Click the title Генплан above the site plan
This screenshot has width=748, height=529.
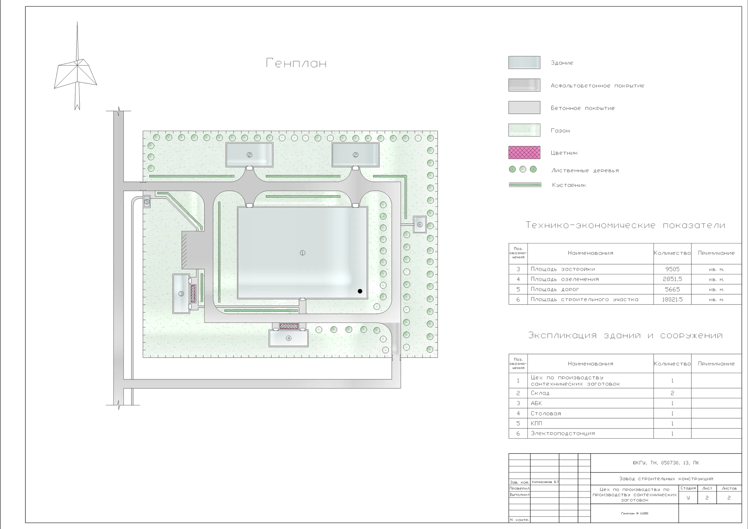click(296, 63)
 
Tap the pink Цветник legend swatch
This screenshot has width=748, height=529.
click(524, 152)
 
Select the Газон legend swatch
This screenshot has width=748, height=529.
click(524, 130)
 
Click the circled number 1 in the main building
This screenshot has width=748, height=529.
click(302, 253)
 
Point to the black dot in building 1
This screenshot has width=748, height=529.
click(360, 291)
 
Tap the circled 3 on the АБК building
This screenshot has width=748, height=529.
click(181, 294)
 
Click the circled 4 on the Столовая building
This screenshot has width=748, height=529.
click(288, 338)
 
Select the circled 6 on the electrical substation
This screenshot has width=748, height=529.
click(420, 225)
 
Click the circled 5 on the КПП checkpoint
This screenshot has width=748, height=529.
click(147, 202)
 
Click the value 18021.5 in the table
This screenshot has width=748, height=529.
click(672, 299)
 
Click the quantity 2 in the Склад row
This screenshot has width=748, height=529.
click(672, 393)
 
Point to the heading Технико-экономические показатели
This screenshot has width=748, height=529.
click(625, 225)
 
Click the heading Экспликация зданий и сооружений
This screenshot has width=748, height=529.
click(625, 336)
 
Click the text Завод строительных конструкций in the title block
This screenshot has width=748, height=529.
click(666, 479)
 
